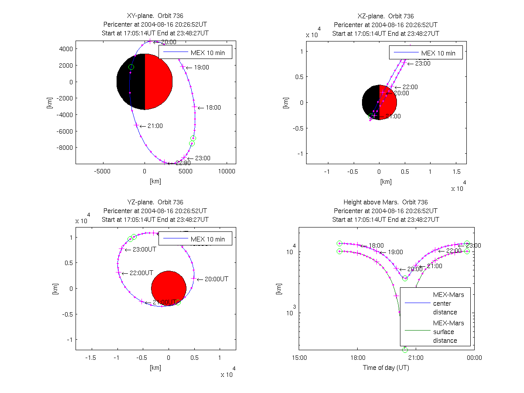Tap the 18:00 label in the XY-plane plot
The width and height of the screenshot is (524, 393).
(213, 107)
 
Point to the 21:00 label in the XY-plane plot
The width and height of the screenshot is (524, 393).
(155, 126)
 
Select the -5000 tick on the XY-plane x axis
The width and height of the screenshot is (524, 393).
(102, 172)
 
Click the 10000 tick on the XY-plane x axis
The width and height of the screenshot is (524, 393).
(227, 172)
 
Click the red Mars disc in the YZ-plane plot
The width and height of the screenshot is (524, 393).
(169, 288)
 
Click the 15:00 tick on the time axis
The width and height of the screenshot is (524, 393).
(299, 358)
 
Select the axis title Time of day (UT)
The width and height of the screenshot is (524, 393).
(386, 368)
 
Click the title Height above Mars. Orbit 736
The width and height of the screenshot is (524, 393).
(386, 202)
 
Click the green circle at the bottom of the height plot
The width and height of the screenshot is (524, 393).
(405, 350)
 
